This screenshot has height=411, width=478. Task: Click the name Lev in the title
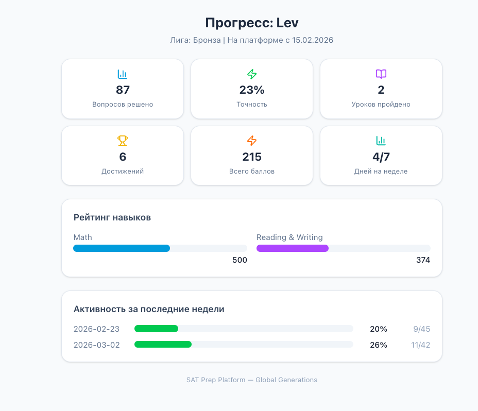287,23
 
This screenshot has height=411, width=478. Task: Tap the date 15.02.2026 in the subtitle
316,40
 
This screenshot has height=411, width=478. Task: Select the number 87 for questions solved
123,90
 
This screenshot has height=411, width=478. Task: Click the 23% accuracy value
252,90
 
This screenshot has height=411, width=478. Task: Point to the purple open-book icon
381,74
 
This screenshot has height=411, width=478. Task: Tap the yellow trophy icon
123,141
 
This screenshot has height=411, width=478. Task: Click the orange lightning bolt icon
252,141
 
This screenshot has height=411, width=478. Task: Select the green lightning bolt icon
252,74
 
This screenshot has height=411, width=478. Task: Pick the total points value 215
252,157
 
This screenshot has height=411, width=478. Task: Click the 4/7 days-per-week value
381,157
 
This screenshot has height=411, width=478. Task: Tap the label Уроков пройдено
381,105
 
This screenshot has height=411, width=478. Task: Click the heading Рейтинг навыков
112,218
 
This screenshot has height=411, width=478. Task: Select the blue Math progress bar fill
122,248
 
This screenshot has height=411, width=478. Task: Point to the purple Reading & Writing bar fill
293,248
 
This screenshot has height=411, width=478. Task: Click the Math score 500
240,260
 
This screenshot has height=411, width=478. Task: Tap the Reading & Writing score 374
423,260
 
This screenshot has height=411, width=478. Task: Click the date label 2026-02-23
97,329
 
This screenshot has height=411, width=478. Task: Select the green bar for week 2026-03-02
163,345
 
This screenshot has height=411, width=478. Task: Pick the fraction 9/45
421,329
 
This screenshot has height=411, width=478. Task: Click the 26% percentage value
379,345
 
